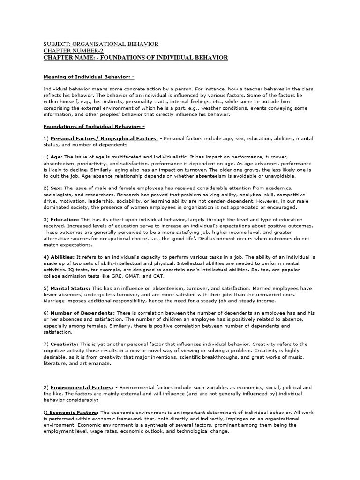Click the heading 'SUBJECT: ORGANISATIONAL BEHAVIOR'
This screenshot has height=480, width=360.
(x=101, y=44)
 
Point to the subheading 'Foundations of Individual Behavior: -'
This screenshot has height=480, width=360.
(x=94, y=126)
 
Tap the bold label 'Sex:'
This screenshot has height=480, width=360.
(x=56, y=187)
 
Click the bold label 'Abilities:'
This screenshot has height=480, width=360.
(x=62, y=257)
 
